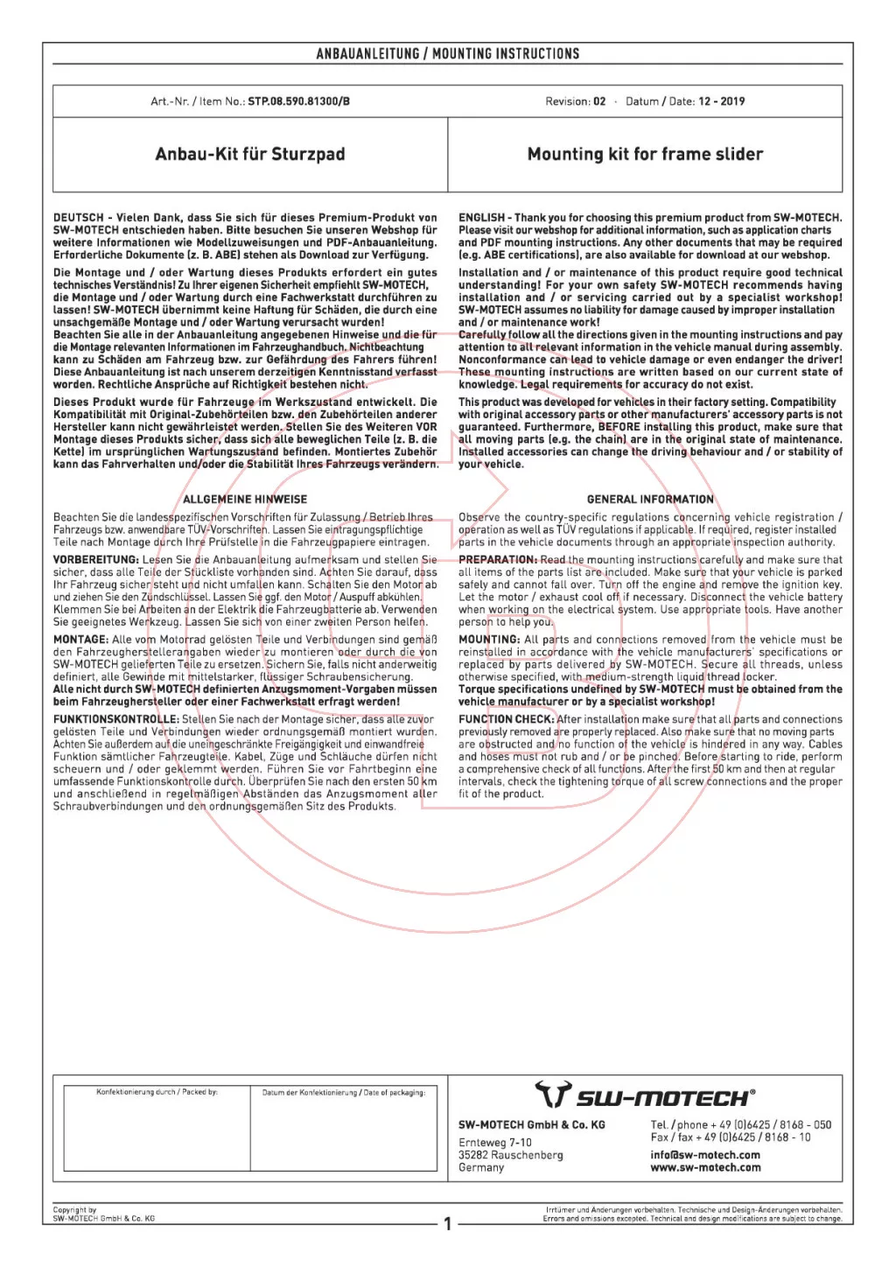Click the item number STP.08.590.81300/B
pos(298,101)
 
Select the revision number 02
pos(599,101)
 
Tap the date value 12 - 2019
pos(721,101)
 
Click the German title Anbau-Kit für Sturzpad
pos(250,154)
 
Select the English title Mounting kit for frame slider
pos(645,154)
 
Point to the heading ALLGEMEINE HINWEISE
pos(245,500)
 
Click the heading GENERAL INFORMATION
pos(650,500)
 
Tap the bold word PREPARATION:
pos(498,560)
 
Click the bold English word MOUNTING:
pos(489,640)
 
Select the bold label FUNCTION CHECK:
pos(507,719)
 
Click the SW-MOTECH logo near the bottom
pos(645,1096)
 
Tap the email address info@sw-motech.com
pos(705,1155)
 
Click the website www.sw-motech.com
pos(705,1167)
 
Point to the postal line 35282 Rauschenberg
pos(511,1155)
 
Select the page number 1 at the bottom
pos(448,1224)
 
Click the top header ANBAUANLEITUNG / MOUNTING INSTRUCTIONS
pos(448,54)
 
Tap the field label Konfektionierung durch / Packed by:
pos(157,1092)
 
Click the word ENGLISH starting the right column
pos(481,218)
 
